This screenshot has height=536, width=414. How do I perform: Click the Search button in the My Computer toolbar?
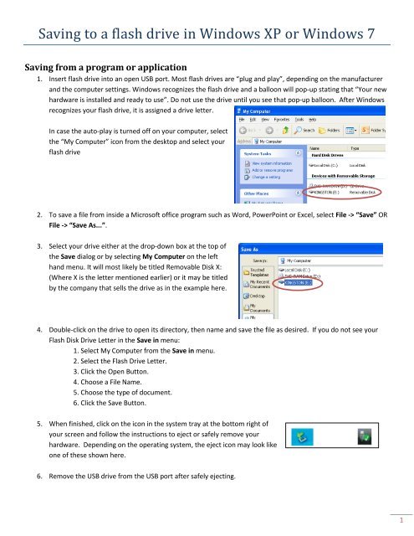[x=307, y=131]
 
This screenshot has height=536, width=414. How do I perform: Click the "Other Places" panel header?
[x=255, y=194]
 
